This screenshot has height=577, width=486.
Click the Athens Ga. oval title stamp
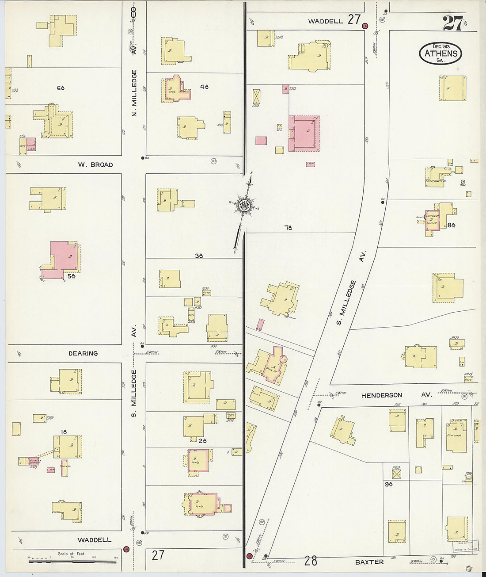[440, 53]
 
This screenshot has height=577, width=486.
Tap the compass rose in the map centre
[244, 205]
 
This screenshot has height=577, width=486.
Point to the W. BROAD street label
[95, 164]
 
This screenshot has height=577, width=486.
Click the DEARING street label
[83, 353]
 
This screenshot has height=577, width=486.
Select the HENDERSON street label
[382, 395]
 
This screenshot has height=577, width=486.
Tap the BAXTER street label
[369, 562]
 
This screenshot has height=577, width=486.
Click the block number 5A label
[72, 277]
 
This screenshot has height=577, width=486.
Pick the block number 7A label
[288, 228]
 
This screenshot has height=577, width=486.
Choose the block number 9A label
[388, 484]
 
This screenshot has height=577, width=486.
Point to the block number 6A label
[61, 88]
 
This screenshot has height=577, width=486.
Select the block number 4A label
[204, 87]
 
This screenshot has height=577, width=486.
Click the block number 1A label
[64, 432]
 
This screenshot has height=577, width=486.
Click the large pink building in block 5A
[63, 259]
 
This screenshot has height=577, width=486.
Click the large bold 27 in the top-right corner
[453, 23]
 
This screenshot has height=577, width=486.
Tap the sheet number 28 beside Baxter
[311, 561]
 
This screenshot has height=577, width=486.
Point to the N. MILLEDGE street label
[134, 93]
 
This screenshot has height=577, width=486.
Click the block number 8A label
[451, 225]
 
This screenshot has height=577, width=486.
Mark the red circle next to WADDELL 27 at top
[365, 26]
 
